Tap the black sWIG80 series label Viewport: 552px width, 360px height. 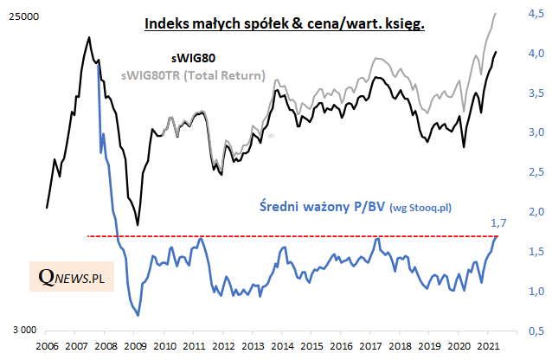tap(193, 59)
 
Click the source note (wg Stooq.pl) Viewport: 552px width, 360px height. tap(422, 207)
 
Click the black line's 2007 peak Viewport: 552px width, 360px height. tap(90, 37)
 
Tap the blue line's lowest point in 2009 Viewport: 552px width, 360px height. tap(138, 316)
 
